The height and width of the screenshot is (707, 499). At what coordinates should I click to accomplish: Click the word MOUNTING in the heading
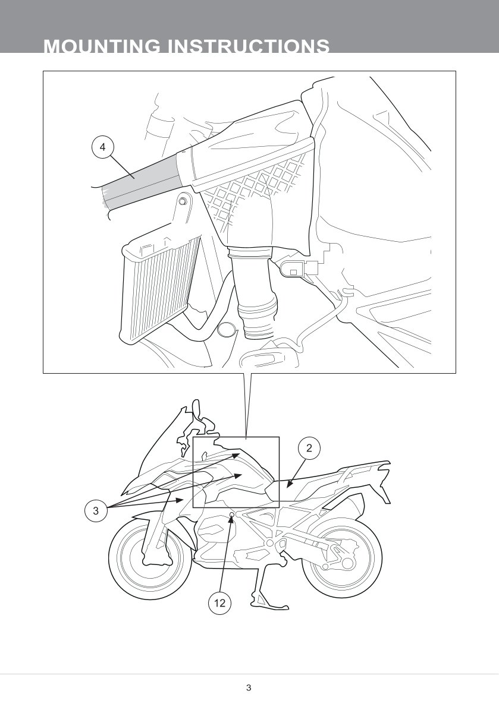click(x=102, y=46)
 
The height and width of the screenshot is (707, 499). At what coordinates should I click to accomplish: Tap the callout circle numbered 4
click(x=103, y=147)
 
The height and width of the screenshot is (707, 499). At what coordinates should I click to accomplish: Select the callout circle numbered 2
click(x=309, y=448)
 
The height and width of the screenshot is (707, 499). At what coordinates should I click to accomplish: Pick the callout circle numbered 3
click(x=96, y=510)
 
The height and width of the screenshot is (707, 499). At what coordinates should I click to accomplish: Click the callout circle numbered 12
click(x=219, y=603)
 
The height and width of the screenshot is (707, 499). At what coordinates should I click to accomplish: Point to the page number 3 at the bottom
click(x=249, y=687)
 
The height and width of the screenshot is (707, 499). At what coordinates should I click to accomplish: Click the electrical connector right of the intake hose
click(x=299, y=269)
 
